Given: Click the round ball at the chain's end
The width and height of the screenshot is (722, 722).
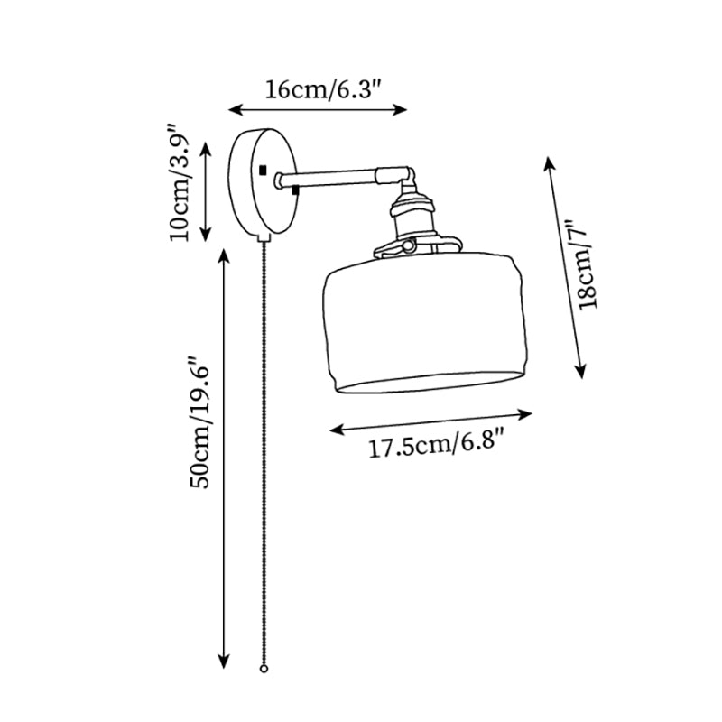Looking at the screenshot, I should (264, 670).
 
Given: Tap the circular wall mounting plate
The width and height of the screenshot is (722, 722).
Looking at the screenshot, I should (263, 180).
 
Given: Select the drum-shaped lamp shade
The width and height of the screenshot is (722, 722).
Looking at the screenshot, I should (424, 325).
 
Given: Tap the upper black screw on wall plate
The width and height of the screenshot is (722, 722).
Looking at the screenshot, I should (264, 170).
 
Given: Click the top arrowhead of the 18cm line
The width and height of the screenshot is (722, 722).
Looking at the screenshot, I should (548, 161).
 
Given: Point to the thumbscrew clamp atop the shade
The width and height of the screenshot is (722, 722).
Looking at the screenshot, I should (406, 245).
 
